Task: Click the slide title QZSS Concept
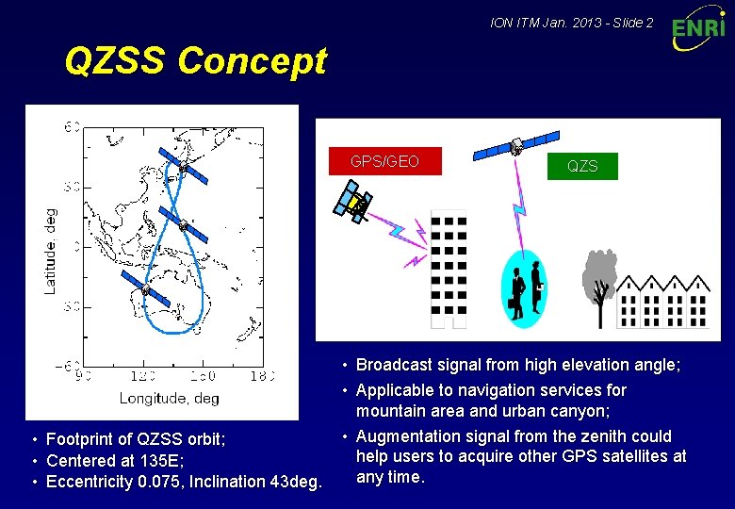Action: click(195, 61)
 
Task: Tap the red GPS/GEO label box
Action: click(384, 161)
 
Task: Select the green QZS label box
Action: click(581, 166)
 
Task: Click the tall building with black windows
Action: click(449, 269)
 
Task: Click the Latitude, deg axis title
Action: click(50, 251)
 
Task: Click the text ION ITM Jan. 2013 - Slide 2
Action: click(572, 22)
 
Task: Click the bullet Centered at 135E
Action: click(115, 460)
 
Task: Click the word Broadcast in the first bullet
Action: click(394, 365)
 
